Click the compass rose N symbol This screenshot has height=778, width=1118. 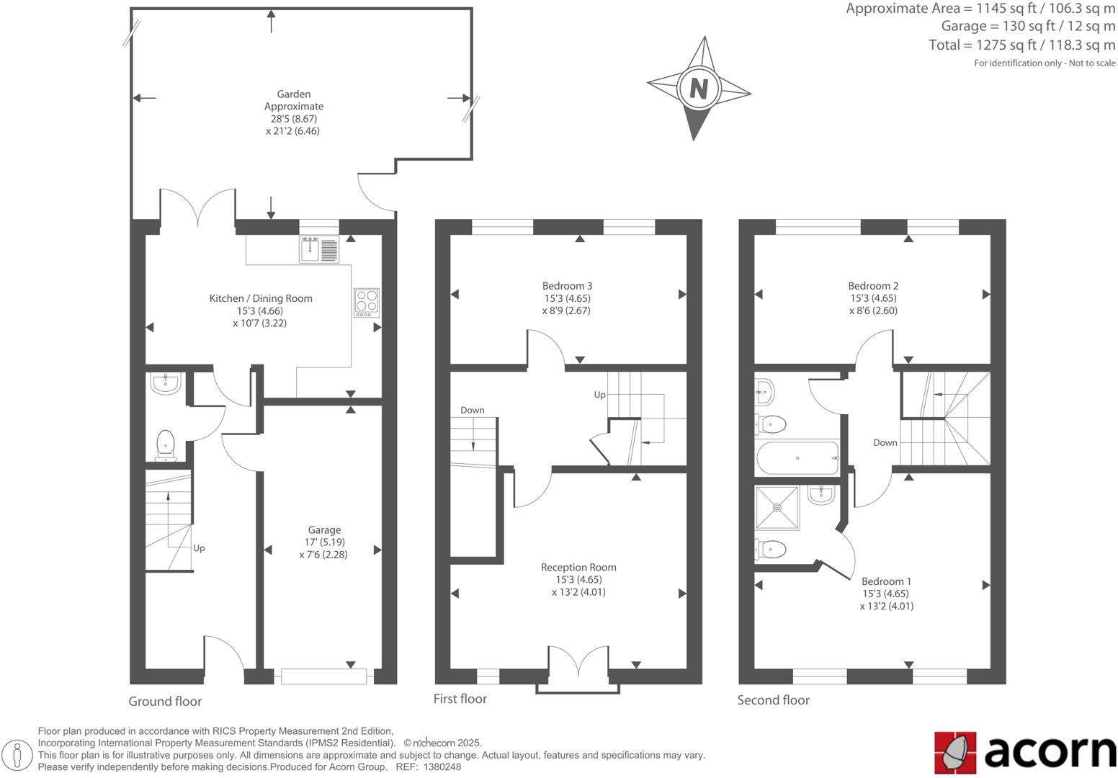[x=698, y=89]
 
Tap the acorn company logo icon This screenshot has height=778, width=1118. [x=954, y=751]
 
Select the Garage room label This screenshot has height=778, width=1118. [x=324, y=530]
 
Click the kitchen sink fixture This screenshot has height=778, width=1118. [x=318, y=249]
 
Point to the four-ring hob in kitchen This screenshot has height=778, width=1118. [x=367, y=303]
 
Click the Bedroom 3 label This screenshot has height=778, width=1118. [x=567, y=286]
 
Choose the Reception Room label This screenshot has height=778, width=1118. [x=578, y=568]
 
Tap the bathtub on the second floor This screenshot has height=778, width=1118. [x=797, y=458]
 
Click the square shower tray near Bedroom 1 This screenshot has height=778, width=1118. [x=777, y=507]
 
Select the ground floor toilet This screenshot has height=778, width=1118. [x=165, y=444]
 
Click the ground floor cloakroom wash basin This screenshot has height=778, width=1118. [x=166, y=383]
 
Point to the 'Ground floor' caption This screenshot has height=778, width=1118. [x=165, y=702]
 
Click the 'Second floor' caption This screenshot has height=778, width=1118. [x=773, y=700]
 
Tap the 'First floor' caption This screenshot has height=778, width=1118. [x=460, y=699]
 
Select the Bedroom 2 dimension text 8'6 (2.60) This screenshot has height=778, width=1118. [x=873, y=310]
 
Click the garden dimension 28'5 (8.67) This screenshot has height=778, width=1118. [x=294, y=119]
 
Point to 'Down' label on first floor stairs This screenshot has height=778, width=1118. [x=472, y=410]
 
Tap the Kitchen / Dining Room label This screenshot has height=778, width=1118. [x=261, y=298]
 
